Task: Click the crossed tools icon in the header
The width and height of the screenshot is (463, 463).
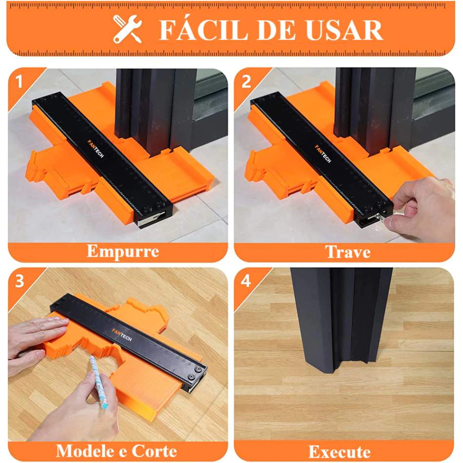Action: pyautogui.click(x=128, y=29)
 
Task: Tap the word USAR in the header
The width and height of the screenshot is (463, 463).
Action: pyautogui.click(x=345, y=30)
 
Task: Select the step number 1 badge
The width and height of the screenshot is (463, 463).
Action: pyautogui.click(x=19, y=81)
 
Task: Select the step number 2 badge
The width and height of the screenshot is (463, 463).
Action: pyautogui.click(x=246, y=81)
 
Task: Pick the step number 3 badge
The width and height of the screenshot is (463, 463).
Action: pyautogui.click(x=19, y=281)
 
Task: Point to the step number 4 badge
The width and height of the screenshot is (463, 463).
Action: pyautogui.click(x=246, y=281)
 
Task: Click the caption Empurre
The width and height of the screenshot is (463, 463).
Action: pyautogui.click(x=123, y=252)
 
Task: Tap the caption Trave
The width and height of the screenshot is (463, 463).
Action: pyautogui.click(x=348, y=252)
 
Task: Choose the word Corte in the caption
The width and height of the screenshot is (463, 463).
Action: pyautogui.click(x=154, y=451)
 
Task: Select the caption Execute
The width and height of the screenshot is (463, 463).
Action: pyautogui.click(x=340, y=452)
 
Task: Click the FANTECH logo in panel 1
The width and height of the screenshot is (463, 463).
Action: pyautogui.click(x=96, y=149)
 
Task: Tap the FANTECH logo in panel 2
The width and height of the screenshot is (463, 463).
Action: pyautogui.click(x=323, y=154)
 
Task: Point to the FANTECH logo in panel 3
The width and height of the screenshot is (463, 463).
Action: pyautogui.click(x=122, y=334)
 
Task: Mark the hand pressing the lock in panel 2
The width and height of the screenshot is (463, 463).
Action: pyautogui.click(x=422, y=208)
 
